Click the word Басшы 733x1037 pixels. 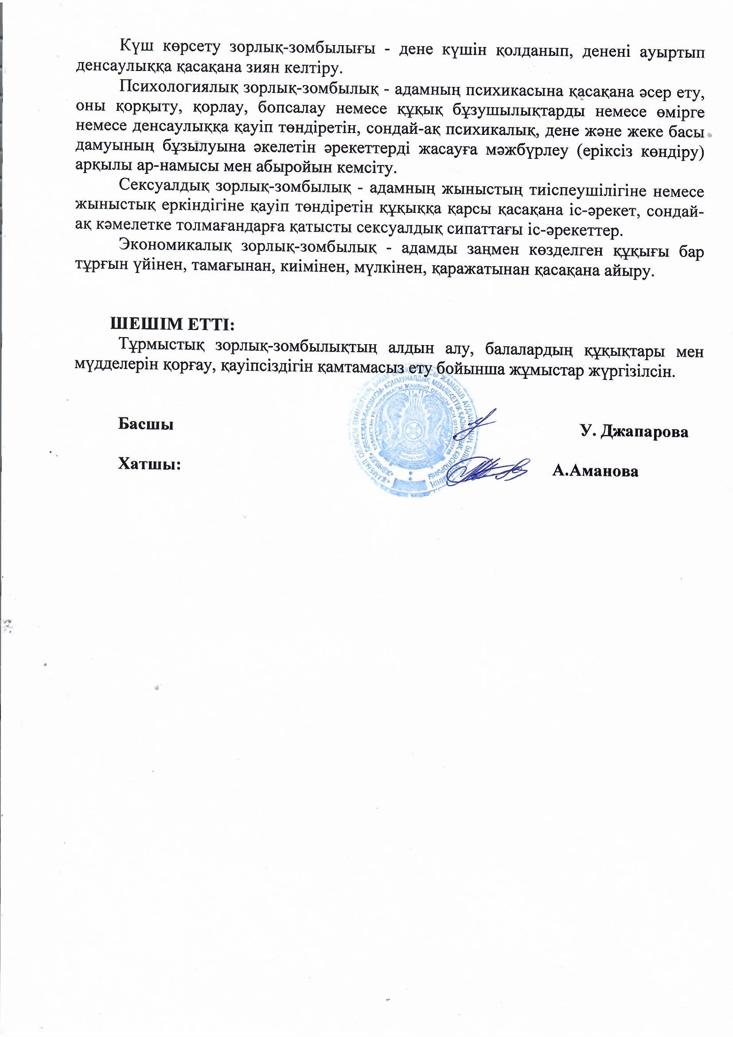(x=146, y=424)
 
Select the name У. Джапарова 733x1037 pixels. (x=634, y=432)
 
